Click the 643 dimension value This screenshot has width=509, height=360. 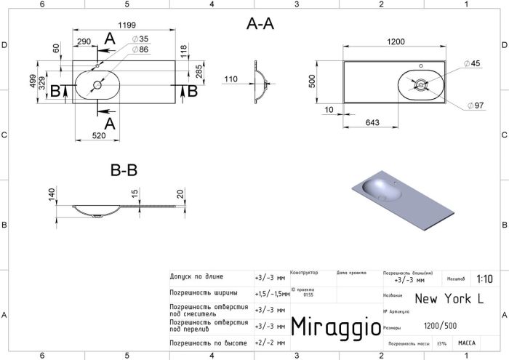[x=373, y=122]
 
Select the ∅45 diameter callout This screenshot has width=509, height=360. [x=476, y=64]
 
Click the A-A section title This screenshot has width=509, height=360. [x=260, y=23]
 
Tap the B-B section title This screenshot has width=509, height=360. [x=124, y=171]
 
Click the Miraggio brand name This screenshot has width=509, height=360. [x=335, y=327]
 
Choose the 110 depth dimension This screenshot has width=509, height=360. [x=231, y=79]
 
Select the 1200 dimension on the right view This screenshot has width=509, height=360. [x=395, y=41]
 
